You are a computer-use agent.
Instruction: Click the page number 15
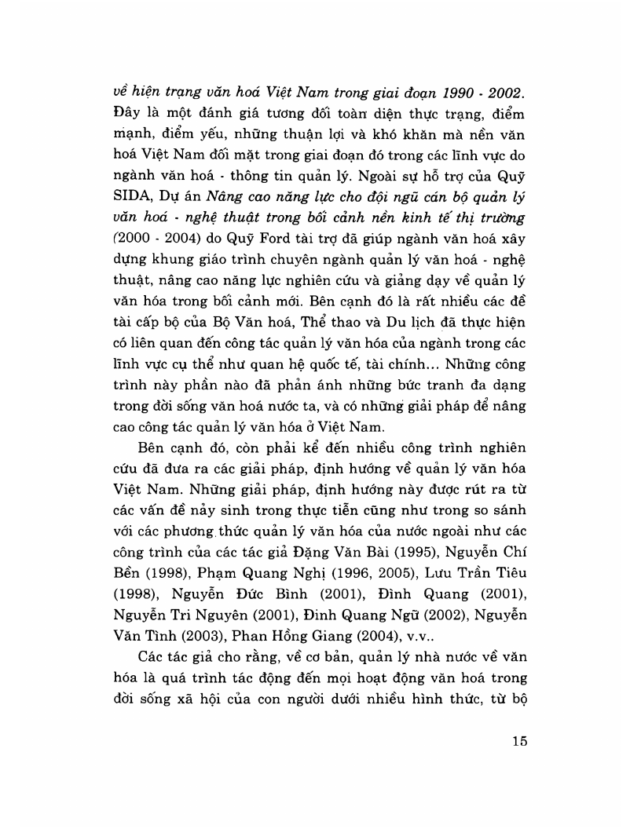pyautogui.click(x=517, y=741)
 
